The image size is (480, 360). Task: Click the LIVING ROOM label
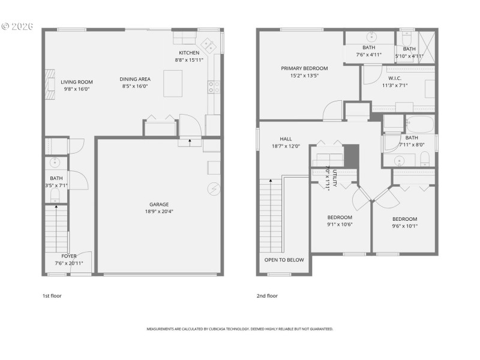(x=76, y=82)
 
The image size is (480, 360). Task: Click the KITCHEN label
(x=188, y=53)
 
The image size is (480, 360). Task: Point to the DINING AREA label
(x=135, y=79)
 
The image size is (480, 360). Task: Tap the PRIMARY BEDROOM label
(x=304, y=68)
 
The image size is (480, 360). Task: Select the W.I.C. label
(x=394, y=78)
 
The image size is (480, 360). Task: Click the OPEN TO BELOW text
(x=284, y=260)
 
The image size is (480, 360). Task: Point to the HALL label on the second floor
(x=286, y=139)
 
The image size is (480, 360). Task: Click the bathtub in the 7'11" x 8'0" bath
(x=420, y=125)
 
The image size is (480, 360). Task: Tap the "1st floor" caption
(x=52, y=296)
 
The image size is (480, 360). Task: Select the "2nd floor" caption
(x=268, y=296)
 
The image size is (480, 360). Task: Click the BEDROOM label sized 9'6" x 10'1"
(x=404, y=219)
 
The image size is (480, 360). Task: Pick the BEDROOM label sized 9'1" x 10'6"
(x=339, y=217)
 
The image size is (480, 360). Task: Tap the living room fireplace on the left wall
(x=50, y=82)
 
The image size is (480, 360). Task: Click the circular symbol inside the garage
(x=213, y=189)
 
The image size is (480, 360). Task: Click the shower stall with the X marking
(x=428, y=43)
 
